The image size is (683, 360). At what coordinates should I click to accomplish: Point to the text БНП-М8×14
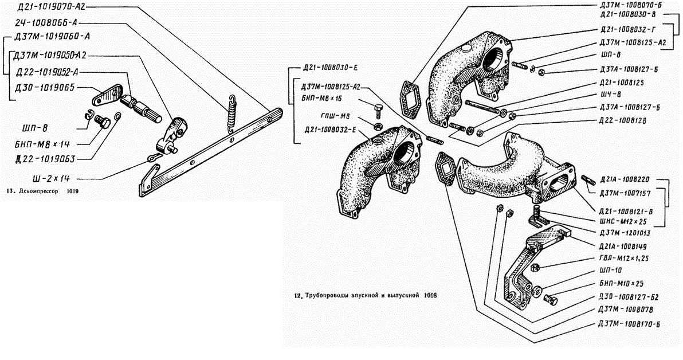coord(42,142)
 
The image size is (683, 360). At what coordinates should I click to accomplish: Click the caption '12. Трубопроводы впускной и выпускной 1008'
coord(364,296)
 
